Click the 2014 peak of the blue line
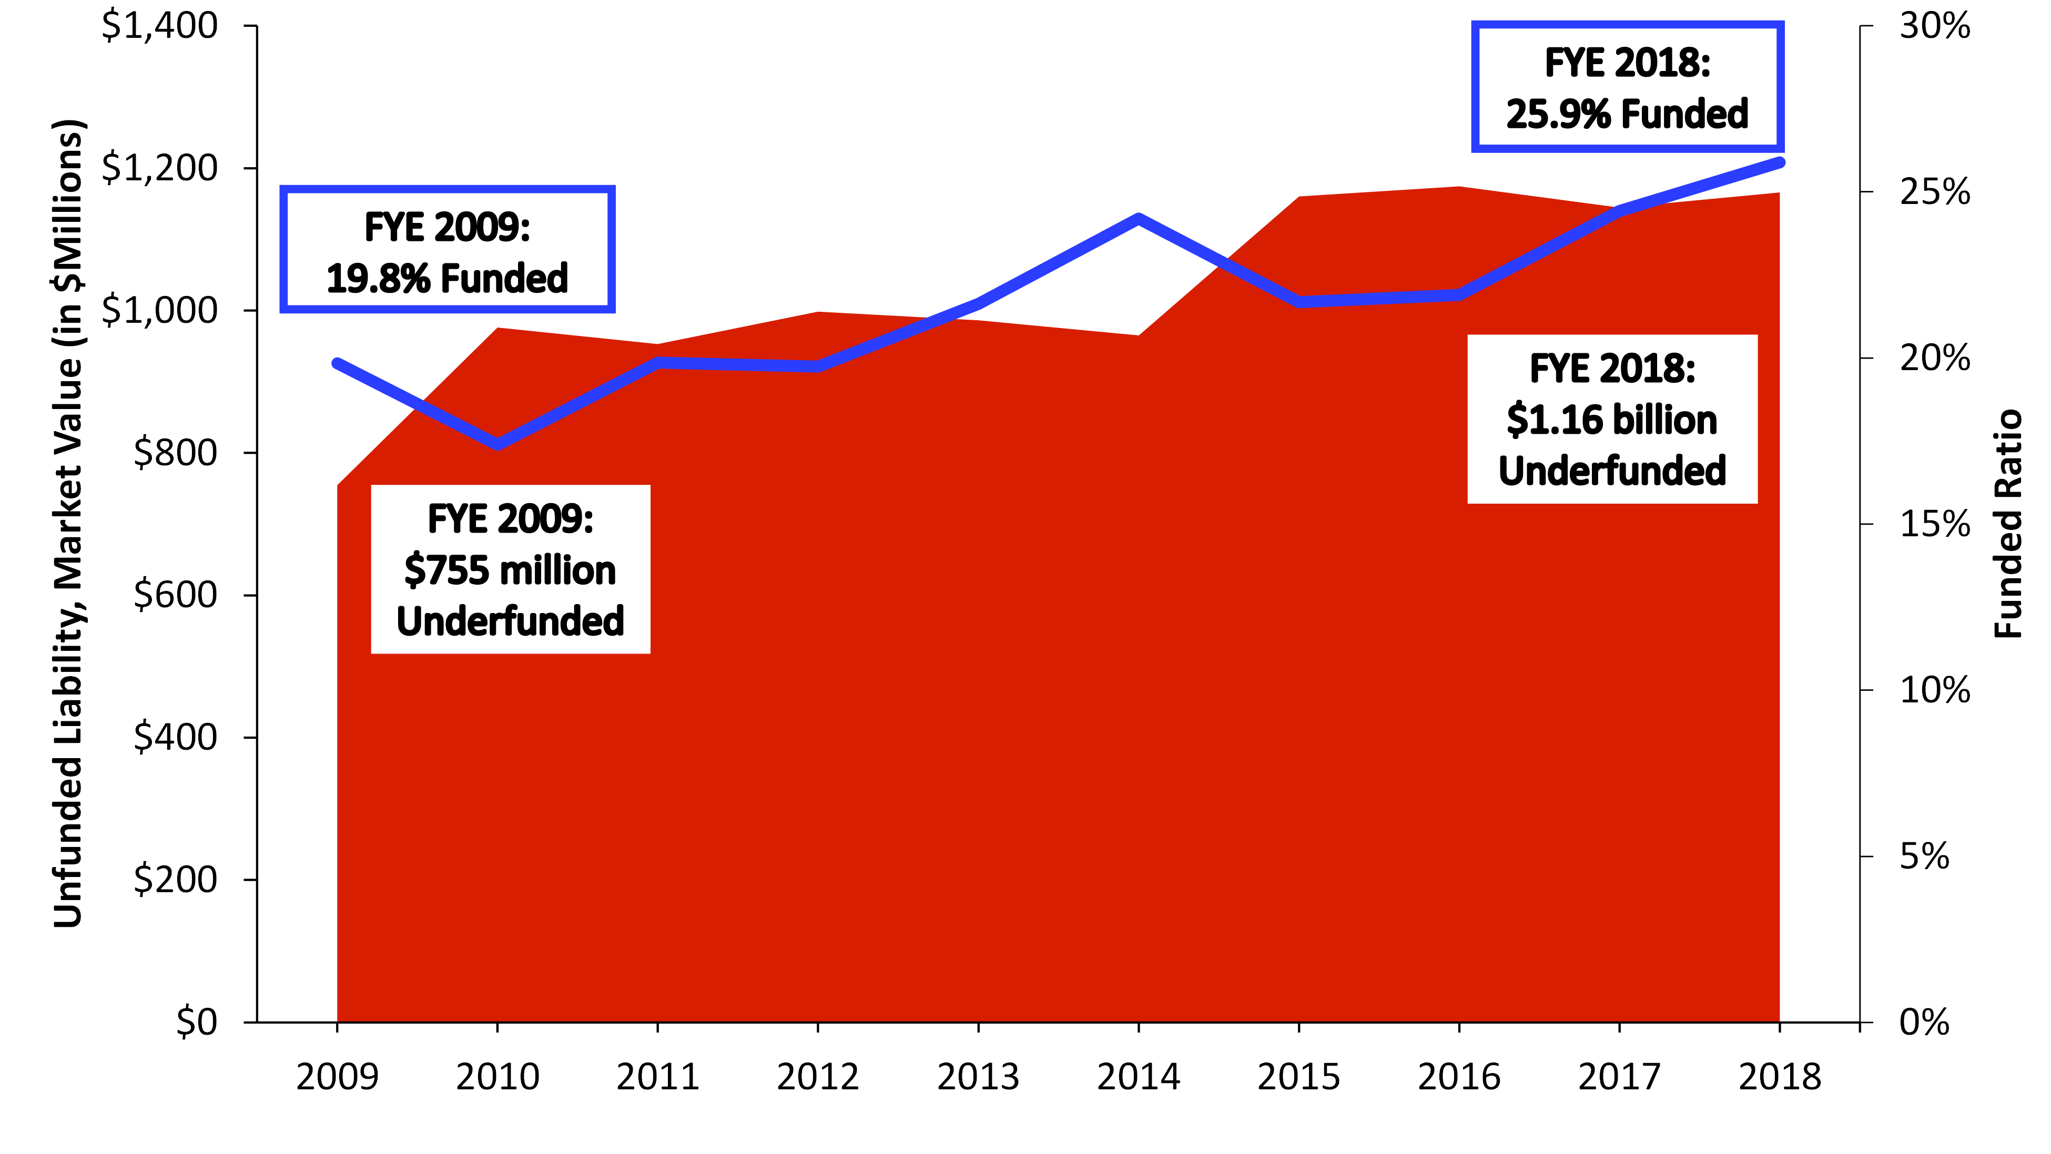point(1139,218)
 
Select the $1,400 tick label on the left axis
point(159,26)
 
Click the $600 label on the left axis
point(175,595)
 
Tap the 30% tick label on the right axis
point(1935,26)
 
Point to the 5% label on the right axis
point(1924,856)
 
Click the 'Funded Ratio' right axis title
point(2008,524)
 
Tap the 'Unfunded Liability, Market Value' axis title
point(68,524)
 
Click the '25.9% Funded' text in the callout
point(1628,114)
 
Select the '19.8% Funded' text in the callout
point(448,279)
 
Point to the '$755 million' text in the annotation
point(510,570)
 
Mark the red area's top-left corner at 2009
point(338,485)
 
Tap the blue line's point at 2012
point(818,366)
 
